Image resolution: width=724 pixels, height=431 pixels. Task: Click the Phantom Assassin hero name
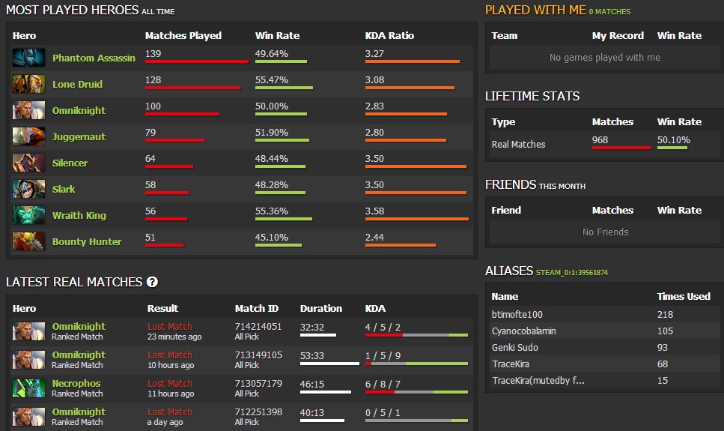point(94,58)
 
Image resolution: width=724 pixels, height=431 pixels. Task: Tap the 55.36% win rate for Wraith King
point(272,211)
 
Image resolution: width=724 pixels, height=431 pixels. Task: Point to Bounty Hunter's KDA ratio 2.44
point(374,238)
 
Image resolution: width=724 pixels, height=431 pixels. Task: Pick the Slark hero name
point(64,189)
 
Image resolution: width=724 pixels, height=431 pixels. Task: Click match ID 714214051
point(258,327)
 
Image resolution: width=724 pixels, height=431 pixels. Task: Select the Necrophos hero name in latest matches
point(76,384)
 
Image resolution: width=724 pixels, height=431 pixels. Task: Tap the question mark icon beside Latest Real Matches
point(153,282)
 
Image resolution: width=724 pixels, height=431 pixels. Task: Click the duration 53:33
point(312,355)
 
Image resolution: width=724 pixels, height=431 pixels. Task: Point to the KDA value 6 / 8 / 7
point(383,384)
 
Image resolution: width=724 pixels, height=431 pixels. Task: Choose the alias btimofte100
point(517,315)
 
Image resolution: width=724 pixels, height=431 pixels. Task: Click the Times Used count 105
point(665,331)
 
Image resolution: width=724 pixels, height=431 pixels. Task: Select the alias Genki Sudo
point(515,348)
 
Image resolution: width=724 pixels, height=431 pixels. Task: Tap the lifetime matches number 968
point(600,140)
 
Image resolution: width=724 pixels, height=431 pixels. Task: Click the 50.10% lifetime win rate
point(674,140)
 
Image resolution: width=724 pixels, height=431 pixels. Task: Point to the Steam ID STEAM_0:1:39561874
point(572,272)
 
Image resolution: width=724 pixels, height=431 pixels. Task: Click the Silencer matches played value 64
point(150,159)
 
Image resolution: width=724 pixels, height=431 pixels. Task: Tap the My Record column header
point(618,35)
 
